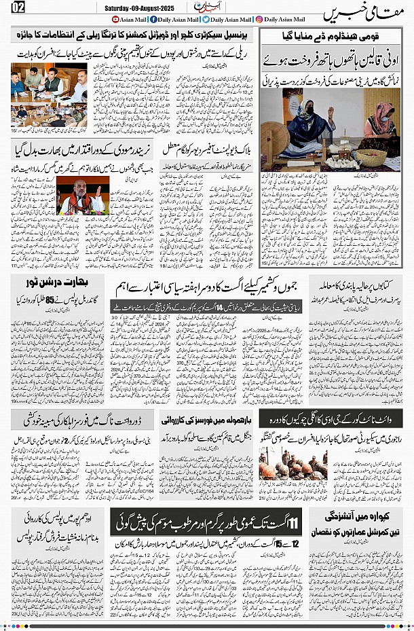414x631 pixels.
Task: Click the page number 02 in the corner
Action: [x=17, y=7]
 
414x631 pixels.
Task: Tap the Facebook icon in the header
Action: [x=153, y=20]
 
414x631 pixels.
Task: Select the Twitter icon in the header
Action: [x=205, y=20]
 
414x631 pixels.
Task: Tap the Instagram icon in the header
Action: [x=259, y=20]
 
